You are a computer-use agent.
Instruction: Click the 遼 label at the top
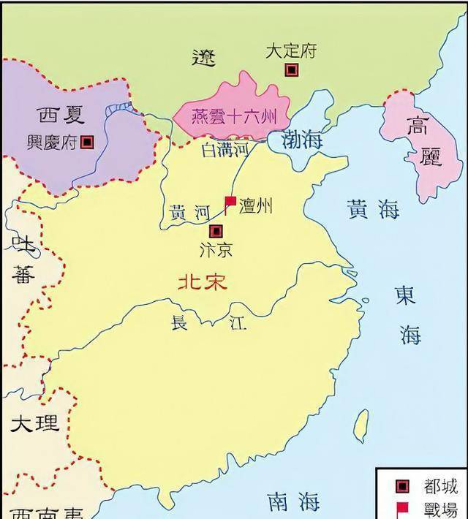click(205, 57)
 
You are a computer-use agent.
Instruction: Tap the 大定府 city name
click(290, 52)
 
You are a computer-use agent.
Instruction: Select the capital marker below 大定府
click(292, 70)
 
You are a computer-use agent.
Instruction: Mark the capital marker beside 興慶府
click(87, 143)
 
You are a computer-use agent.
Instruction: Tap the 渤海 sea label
click(301, 140)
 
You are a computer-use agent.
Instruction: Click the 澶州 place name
click(255, 205)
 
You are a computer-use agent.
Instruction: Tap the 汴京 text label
click(215, 249)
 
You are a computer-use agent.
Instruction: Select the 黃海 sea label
click(373, 210)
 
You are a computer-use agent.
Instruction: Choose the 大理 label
click(34, 423)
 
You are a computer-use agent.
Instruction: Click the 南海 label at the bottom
click(292, 502)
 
